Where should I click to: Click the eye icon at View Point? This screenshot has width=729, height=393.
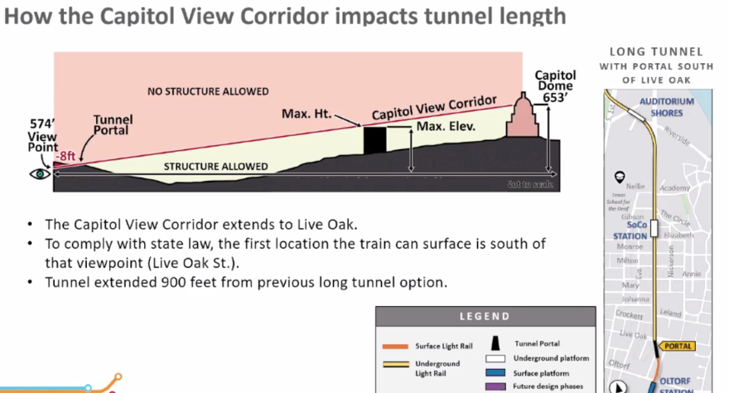pyautogui.click(x=37, y=173)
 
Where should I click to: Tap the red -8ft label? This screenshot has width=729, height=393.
pyautogui.click(x=65, y=155)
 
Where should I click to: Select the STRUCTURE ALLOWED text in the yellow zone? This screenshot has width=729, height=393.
pyautogui.click(x=215, y=167)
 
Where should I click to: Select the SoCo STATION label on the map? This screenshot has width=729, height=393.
pyautogui.click(x=636, y=230)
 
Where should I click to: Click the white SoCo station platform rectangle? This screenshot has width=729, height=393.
pyautogui.click(x=654, y=228)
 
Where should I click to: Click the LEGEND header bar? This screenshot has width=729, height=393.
pyautogui.click(x=485, y=316)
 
